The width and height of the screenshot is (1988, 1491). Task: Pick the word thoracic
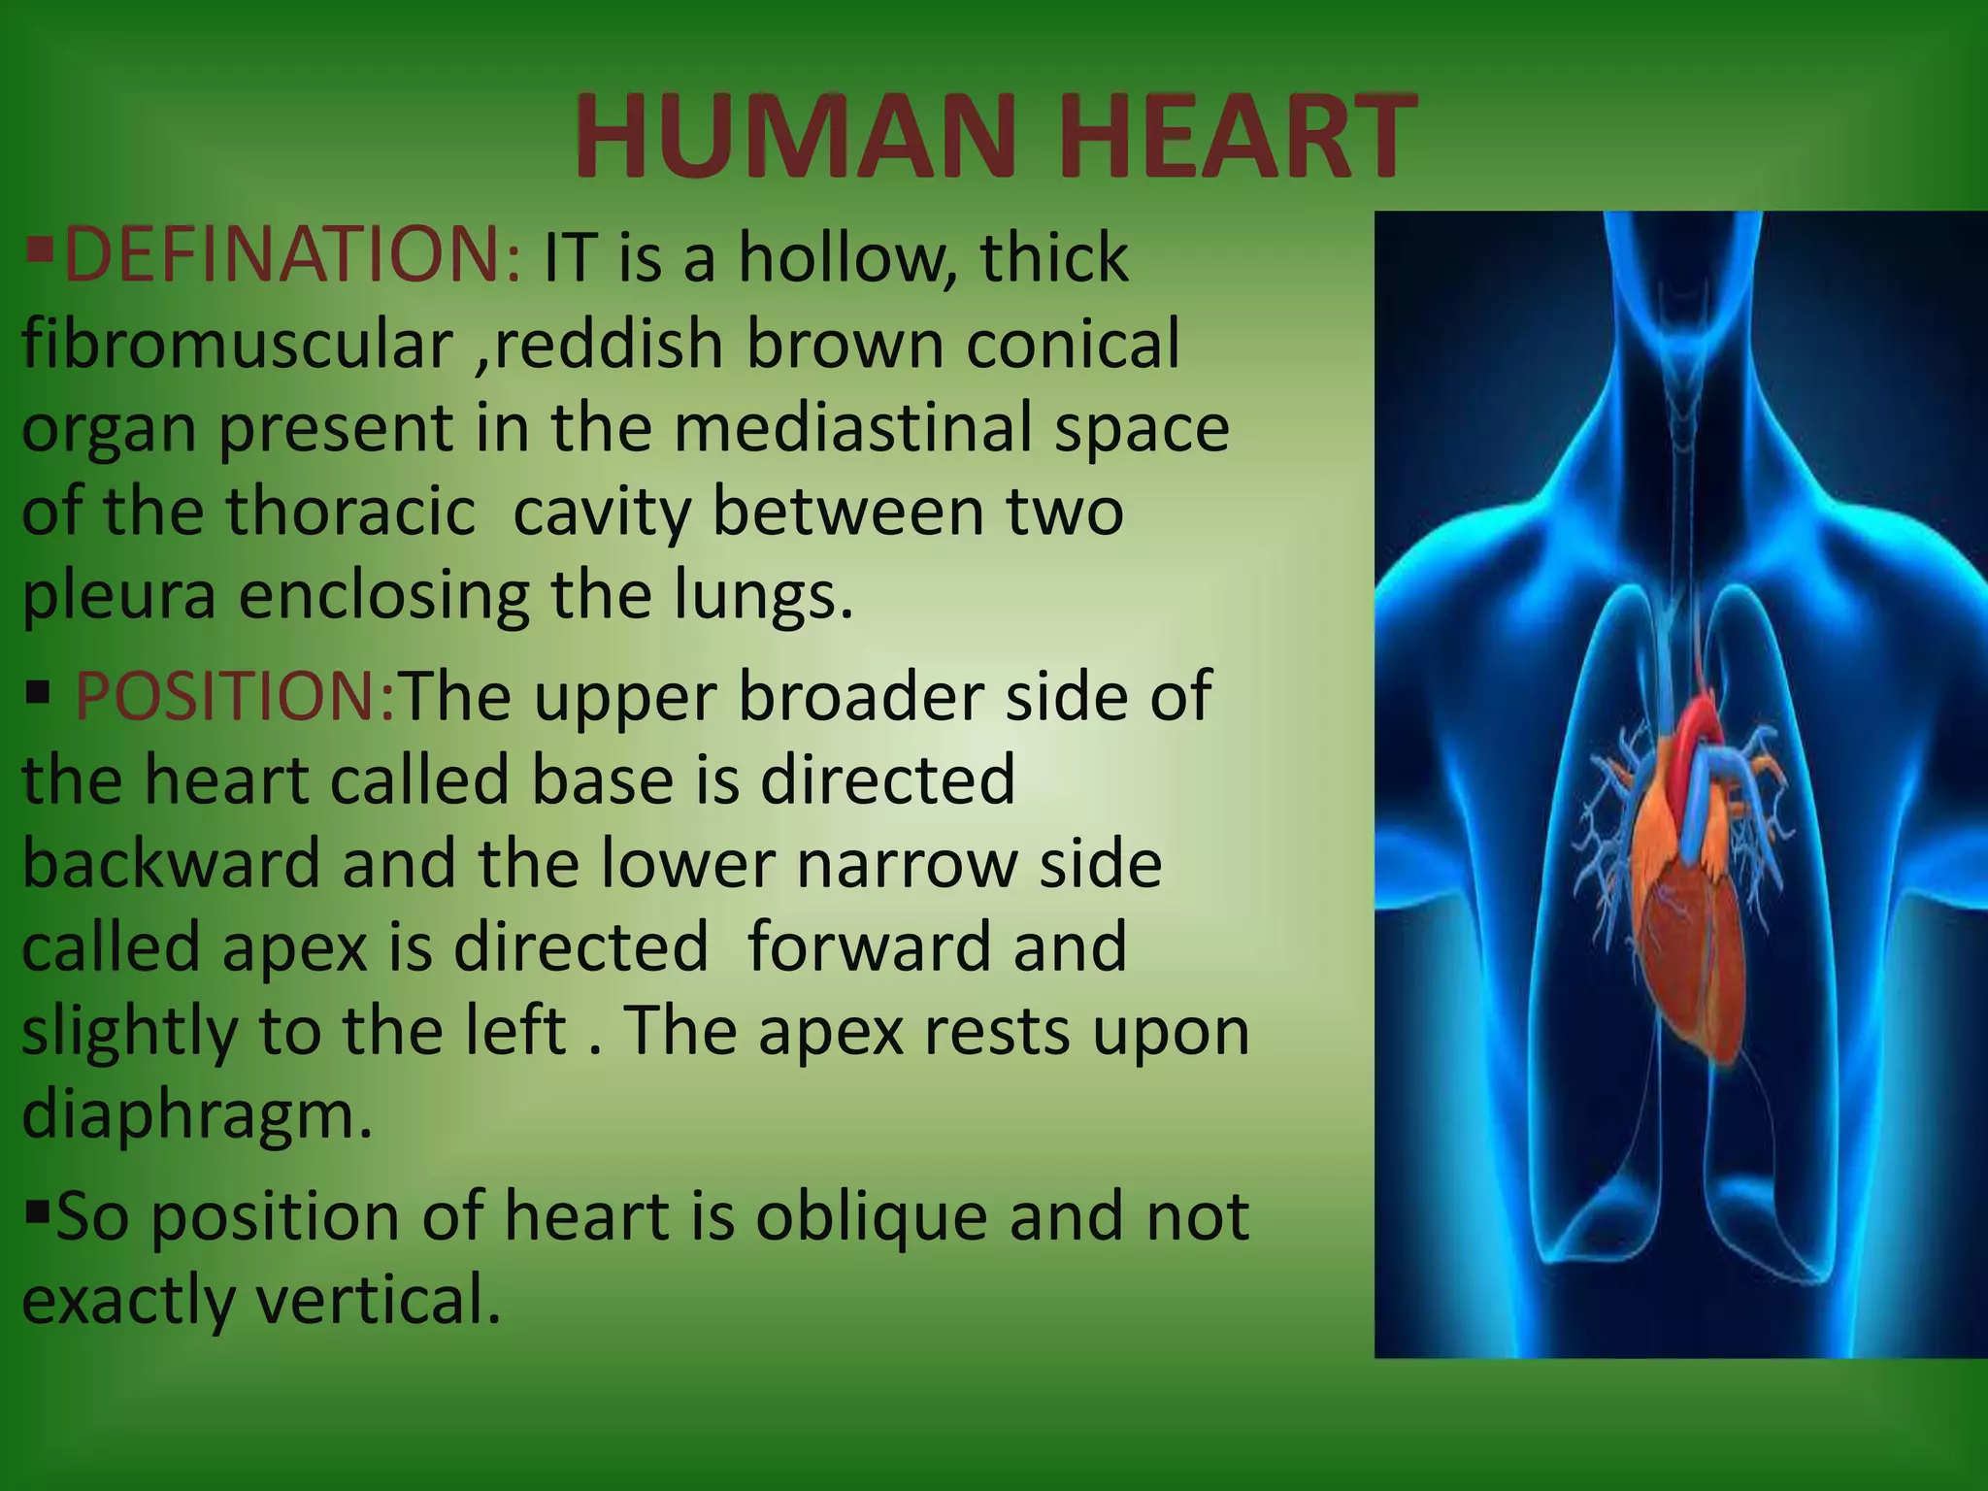pos(351,512)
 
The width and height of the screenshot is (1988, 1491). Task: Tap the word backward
pos(171,863)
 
